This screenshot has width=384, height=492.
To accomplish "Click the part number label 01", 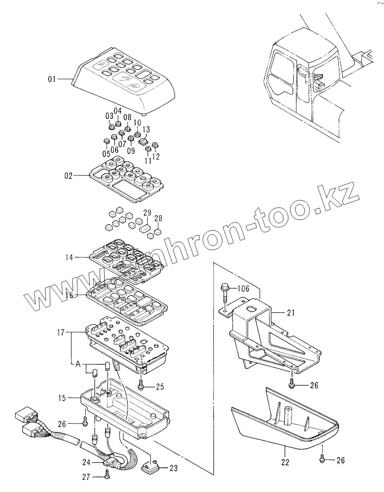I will (52, 80).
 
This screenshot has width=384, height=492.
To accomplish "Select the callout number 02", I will (69, 175).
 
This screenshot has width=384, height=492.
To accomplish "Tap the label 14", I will (70, 258).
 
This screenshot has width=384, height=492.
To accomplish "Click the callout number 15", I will (63, 397).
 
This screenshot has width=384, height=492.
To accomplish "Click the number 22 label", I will (285, 462).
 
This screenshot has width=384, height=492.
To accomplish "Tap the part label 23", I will (173, 469).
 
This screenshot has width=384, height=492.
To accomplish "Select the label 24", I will (87, 462).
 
